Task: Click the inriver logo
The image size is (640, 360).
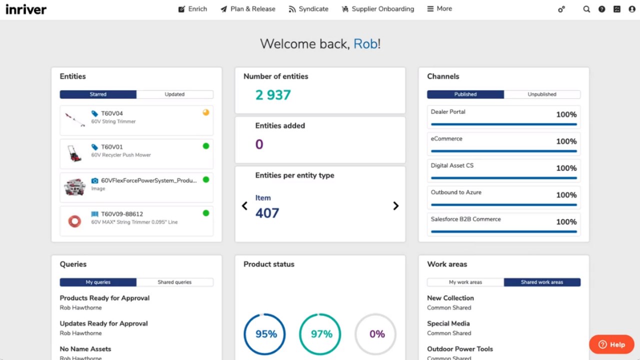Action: tap(26, 9)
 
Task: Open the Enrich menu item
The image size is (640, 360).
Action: tap(192, 9)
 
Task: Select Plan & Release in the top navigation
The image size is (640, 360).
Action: tap(248, 9)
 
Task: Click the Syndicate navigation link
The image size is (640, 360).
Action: tap(308, 9)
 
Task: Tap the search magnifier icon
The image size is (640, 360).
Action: tap(586, 9)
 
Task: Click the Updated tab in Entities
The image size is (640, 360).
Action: tap(174, 94)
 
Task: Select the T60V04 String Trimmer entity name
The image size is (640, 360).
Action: tap(112, 113)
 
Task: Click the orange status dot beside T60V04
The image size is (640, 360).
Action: tap(205, 112)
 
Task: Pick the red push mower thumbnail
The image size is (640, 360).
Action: tap(74, 153)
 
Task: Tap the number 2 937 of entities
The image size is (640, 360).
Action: tap(273, 95)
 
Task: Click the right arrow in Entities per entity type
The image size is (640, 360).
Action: tap(395, 206)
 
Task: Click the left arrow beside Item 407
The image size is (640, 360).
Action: tap(244, 206)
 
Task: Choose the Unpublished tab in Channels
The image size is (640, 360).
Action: tap(542, 94)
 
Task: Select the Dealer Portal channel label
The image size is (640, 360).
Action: tap(448, 112)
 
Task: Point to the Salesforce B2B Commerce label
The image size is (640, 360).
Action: tap(465, 219)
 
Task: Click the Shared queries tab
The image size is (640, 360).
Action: tap(174, 282)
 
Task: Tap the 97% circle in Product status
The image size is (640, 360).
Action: tap(321, 334)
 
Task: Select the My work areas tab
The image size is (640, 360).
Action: tap(465, 282)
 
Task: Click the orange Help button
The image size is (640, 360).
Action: tap(611, 344)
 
